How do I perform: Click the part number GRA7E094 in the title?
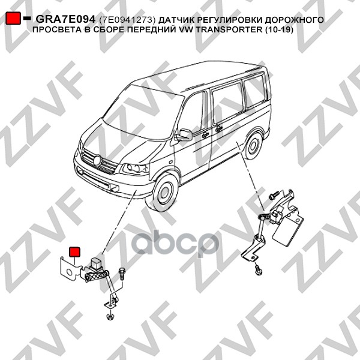point(65,19)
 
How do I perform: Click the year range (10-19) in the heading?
point(280,30)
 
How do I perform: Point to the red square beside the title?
point(13,18)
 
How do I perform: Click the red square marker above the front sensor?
point(75,251)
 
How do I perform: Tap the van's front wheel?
point(165,193)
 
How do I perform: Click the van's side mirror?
point(184,134)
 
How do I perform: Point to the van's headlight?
point(134,169)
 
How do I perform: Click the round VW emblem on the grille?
point(97,160)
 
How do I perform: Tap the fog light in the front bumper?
point(115,188)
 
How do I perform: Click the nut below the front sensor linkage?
point(109,316)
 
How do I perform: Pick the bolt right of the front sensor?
point(121,274)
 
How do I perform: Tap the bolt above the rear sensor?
point(274,195)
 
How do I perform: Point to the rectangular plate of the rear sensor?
point(287,230)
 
